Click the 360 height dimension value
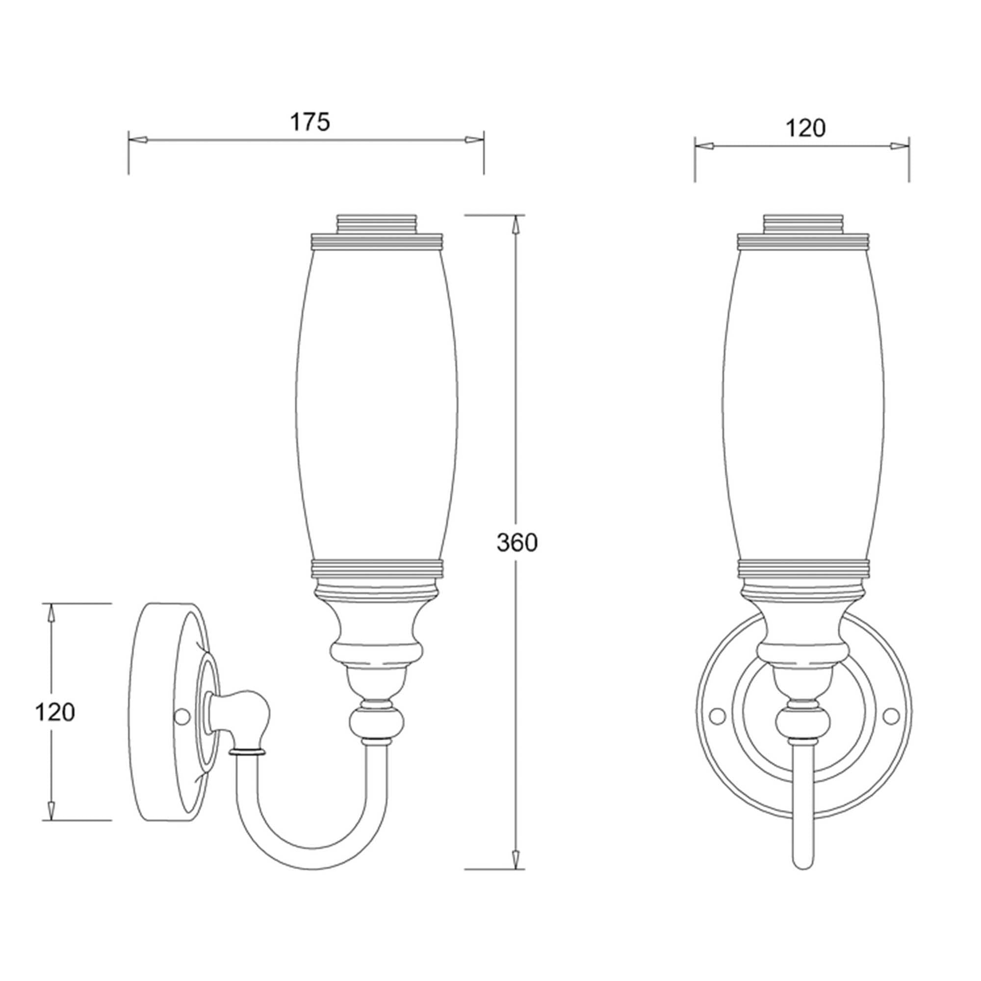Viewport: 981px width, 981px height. [x=516, y=543]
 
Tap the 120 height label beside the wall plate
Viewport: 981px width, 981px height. [x=55, y=712]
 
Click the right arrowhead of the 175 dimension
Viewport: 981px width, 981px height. [x=474, y=139]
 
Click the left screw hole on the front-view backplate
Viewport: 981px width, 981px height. [x=717, y=716]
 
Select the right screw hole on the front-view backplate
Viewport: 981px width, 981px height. [x=891, y=716]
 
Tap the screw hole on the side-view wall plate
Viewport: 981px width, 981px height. [x=181, y=716]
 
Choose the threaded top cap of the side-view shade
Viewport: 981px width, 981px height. [x=377, y=224]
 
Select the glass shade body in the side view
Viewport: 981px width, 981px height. [x=377, y=406]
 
